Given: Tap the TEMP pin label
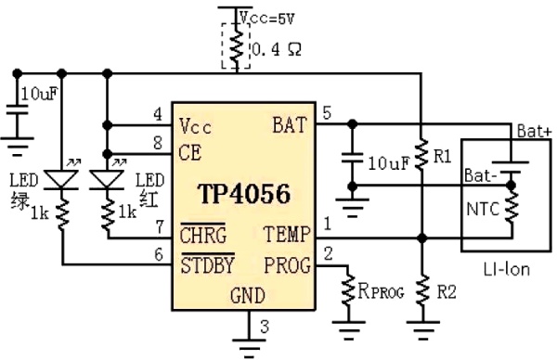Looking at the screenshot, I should [293, 236].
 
